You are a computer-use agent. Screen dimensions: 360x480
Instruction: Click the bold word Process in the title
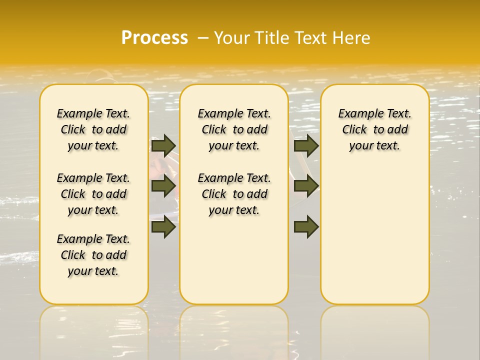[x=154, y=38]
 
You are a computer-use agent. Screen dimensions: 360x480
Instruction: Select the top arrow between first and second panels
[x=163, y=145]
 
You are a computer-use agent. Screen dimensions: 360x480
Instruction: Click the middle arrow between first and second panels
[x=163, y=186]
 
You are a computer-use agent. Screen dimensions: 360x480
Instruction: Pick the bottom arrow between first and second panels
[x=163, y=227]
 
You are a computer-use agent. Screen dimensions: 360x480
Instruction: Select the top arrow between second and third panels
[x=306, y=145]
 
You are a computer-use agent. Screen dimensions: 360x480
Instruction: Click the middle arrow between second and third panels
[x=306, y=186]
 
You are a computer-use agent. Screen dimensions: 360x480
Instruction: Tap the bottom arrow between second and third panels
[x=306, y=227]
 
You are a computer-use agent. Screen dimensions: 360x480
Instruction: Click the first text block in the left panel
[x=93, y=129]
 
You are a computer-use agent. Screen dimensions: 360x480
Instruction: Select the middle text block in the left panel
[x=93, y=194]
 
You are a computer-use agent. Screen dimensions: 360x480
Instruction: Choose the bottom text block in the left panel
[x=93, y=255]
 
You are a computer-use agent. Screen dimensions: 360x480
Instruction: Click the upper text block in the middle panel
[x=234, y=129]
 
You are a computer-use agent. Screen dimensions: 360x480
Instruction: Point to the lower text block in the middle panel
[x=234, y=194]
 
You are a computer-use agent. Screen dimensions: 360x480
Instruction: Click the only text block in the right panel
[x=375, y=129]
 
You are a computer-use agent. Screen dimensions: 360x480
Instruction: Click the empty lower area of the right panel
[x=375, y=235]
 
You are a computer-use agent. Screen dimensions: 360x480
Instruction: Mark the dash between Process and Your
[x=203, y=38]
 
